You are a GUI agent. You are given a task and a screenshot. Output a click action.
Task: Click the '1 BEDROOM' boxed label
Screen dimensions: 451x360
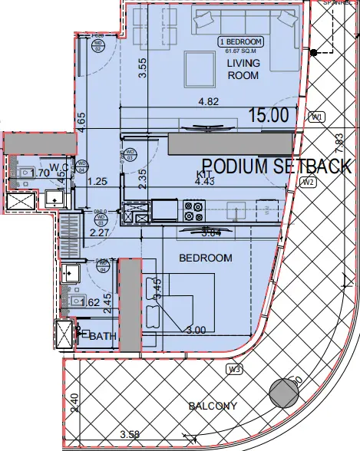(x=242, y=41)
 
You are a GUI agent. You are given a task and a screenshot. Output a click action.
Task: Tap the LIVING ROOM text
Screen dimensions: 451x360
(x=243, y=70)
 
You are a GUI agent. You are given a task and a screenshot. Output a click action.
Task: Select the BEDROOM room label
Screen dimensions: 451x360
(x=205, y=258)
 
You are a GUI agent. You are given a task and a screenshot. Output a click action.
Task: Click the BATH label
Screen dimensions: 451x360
(x=102, y=336)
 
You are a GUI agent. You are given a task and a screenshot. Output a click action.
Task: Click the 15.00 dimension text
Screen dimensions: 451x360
(x=268, y=115)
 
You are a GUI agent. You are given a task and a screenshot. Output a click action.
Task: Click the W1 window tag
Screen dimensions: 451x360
(x=319, y=117)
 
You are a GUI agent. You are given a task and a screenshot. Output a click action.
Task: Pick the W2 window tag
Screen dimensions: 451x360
(x=309, y=182)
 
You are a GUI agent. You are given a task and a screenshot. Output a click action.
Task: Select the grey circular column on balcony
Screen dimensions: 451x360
(x=285, y=393)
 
